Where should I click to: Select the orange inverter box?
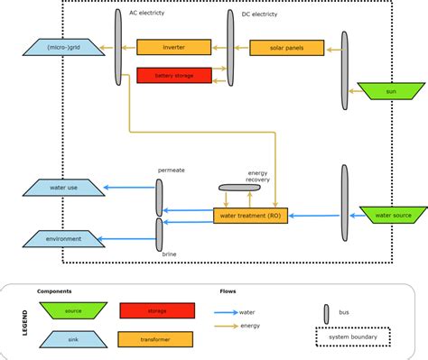[173, 47]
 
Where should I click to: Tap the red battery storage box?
[172, 75]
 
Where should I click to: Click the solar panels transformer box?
[285, 47]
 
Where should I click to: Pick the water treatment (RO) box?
[250, 216]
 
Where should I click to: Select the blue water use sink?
[62, 188]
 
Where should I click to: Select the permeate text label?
[172, 169]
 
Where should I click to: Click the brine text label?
[169, 255]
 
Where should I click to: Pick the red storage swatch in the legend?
[156, 310]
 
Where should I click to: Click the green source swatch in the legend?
[72, 310]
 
